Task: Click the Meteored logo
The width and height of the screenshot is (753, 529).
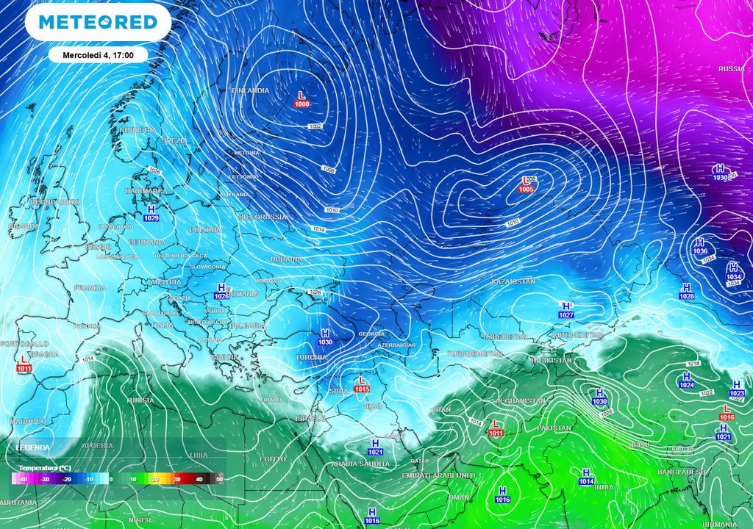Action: tap(98, 22)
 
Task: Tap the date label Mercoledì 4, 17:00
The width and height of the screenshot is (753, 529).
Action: tap(98, 54)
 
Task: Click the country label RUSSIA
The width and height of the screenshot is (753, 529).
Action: tap(731, 68)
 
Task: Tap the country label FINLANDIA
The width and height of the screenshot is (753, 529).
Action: tap(251, 90)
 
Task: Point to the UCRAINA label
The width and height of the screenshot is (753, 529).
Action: tap(286, 259)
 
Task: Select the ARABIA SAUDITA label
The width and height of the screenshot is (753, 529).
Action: tap(360, 464)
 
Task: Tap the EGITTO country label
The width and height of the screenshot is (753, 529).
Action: tap(272, 458)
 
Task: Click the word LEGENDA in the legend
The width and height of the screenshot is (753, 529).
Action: tap(34, 447)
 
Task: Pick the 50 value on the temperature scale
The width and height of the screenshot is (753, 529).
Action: tap(219, 479)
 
